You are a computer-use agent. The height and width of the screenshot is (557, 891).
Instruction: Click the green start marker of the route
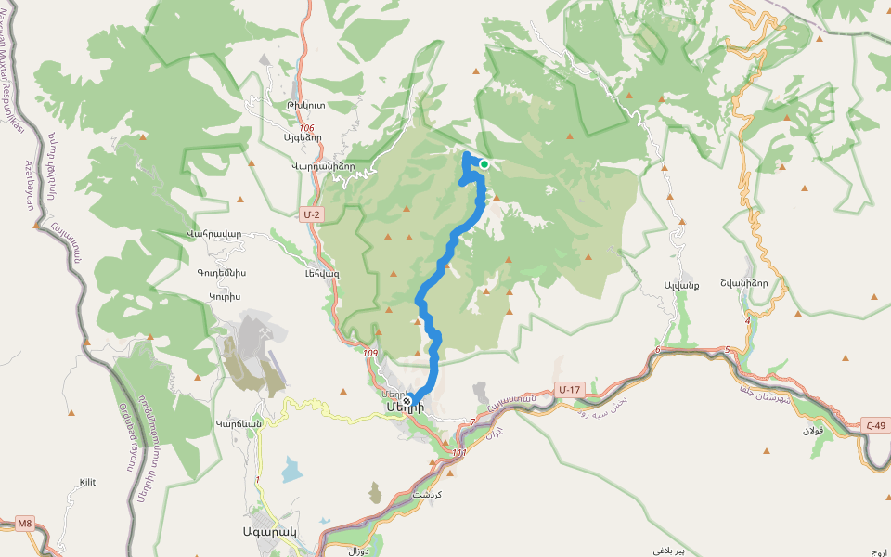(484, 164)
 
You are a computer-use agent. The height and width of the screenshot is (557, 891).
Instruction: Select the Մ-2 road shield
(311, 214)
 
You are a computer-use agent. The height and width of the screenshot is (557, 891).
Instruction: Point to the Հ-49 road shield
(874, 426)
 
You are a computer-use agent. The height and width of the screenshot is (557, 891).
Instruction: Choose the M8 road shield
(24, 524)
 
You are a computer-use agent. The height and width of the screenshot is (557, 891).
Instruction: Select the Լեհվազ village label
(322, 273)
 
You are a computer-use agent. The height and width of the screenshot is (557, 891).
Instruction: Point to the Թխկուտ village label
(306, 106)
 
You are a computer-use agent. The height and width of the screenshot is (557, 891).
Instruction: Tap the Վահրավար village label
(213, 233)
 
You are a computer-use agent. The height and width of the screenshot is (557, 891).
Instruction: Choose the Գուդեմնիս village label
(221, 273)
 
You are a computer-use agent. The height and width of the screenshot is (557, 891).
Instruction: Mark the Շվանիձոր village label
(744, 284)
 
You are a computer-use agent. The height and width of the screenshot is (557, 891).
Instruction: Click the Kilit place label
(87, 482)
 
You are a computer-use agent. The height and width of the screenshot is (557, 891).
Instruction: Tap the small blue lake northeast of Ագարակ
(291, 470)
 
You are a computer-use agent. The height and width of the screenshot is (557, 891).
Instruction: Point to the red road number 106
(307, 128)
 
